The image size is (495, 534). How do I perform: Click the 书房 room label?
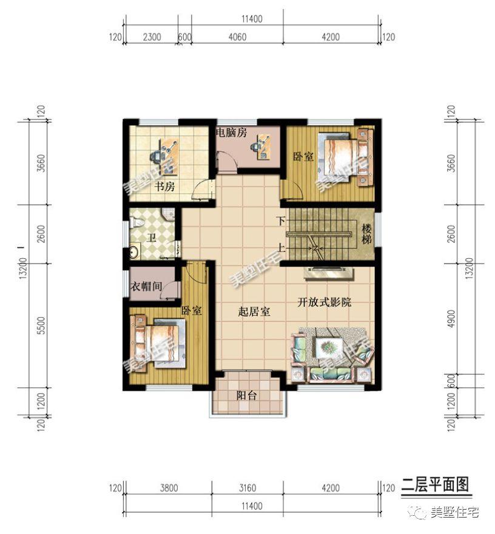click(164, 187)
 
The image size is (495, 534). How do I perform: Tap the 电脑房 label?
click(232, 133)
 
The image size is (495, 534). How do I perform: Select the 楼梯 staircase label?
click(367, 233)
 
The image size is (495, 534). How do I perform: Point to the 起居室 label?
click(254, 312)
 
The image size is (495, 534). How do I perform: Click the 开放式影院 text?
click(324, 302)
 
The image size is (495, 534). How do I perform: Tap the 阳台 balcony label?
click(247, 395)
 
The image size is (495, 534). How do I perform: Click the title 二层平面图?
click(435, 484)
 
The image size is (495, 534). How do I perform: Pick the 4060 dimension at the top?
click(238, 36)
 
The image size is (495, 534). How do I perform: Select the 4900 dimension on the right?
click(450, 320)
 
